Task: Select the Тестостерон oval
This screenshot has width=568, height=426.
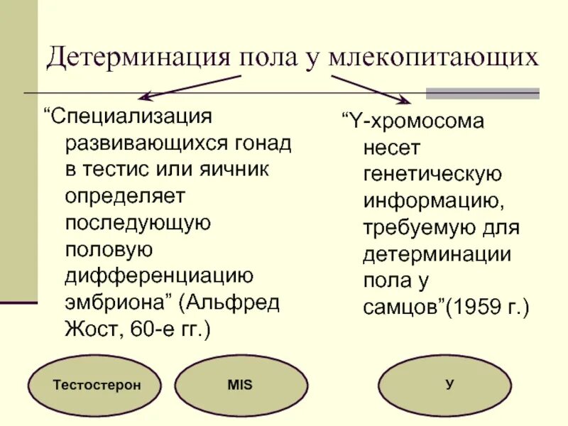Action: click(x=96, y=385)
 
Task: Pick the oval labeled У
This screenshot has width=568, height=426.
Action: click(x=449, y=385)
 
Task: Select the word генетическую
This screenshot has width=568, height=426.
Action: click(x=432, y=175)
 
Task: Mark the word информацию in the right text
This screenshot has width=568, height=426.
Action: click(x=433, y=202)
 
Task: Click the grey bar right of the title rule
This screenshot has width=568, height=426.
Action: click(x=482, y=93)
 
